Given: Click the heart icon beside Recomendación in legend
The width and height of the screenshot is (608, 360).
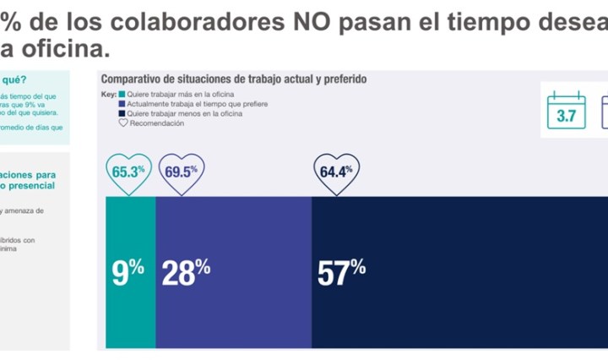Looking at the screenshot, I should pos(122,123).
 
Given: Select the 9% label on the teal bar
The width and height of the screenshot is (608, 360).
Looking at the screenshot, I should pos(128,270).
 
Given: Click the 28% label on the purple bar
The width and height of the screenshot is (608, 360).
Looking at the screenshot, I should pos(185,270).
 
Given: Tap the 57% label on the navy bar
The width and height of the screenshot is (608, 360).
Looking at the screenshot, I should pos(341,270).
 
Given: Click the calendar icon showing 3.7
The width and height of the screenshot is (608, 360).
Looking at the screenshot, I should pos(566,110).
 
